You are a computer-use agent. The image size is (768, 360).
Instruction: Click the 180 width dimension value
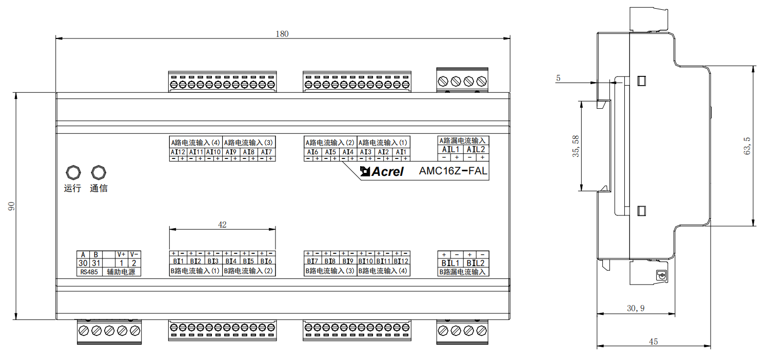click(x=282, y=34)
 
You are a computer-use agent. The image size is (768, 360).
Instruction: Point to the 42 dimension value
click(x=222, y=224)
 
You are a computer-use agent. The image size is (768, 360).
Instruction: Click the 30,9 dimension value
click(x=636, y=308)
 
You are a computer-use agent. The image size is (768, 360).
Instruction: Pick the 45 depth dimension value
click(x=653, y=342)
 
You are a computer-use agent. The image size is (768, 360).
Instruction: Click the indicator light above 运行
click(x=73, y=172)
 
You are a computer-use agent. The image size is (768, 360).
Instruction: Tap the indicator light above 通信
click(x=99, y=172)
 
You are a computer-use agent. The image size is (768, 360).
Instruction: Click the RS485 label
click(x=89, y=272)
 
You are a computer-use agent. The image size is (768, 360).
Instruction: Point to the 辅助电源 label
click(x=121, y=272)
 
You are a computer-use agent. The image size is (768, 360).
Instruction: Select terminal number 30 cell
click(x=83, y=263)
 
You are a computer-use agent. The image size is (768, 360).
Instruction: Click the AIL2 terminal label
click(x=476, y=149)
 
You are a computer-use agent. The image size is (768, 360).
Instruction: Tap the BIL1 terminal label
click(x=450, y=263)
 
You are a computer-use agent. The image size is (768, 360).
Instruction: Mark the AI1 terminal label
click(x=400, y=152)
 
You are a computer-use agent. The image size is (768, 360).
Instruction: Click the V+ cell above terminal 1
click(x=121, y=254)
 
